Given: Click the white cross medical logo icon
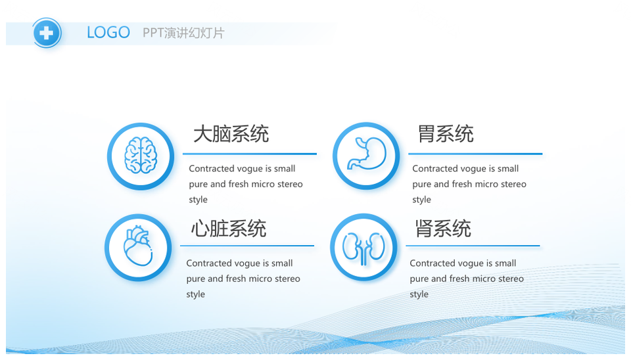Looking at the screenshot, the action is click(x=47, y=33).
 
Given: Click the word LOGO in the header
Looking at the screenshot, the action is click(x=108, y=33).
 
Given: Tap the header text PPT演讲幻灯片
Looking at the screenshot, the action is click(x=183, y=33).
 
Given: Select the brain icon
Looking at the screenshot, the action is click(x=141, y=155).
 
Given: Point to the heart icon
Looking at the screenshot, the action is click(x=138, y=246).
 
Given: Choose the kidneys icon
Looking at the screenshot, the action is click(x=363, y=248).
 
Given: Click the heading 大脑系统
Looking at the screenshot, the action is click(x=231, y=134).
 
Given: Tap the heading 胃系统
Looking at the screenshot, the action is click(x=446, y=134).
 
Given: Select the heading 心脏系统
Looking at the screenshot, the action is click(x=229, y=229).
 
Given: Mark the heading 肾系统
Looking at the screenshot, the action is click(x=443, y=229).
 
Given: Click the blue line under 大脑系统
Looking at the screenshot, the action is click(x=250, y=154).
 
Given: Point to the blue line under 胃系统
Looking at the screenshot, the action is click(x=475, y=154).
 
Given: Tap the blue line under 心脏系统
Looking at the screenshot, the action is click(x=247, y=245).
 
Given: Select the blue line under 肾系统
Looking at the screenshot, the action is click(x=473, y=245).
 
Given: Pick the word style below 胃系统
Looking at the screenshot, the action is click(x=421, y=200).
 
